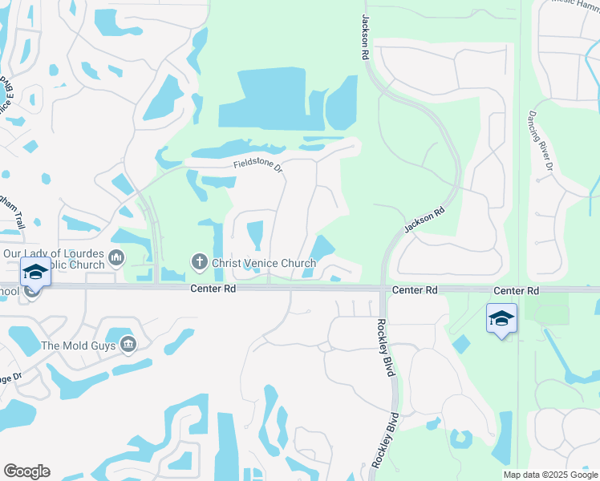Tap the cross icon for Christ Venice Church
(199, 262)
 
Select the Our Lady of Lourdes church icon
(117, 257)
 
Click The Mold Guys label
(78, 346)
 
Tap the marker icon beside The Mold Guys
(128, 345)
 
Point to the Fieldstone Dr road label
(258, 166)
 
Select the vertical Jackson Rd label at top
(365, 38)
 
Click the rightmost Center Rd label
(516, 289)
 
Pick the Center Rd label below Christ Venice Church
(213, 289)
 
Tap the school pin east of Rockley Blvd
(501, 319)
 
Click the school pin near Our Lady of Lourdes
(35, 274)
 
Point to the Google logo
(26, 471)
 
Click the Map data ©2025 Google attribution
(550, 475)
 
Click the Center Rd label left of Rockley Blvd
(415, 289)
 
